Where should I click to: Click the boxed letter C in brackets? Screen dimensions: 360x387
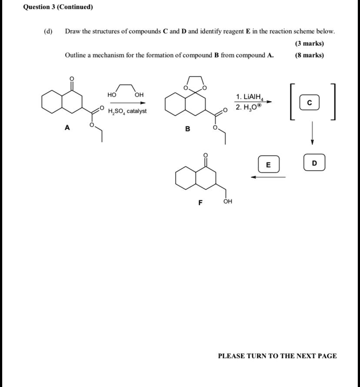[x=309, y=103]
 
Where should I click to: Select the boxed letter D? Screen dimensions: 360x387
[x=314, y=163]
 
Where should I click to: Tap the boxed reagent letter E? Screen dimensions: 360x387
[x=268, y=165]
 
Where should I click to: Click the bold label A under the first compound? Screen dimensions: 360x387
[x=67, y=127]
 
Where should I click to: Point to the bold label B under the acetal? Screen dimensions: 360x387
[x=187, y=129]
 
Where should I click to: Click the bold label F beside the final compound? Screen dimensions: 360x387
[x=200, y=202]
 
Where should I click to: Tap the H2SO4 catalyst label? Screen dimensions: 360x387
[x=127, y=111]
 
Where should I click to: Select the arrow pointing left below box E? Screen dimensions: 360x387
[x=268, y=177]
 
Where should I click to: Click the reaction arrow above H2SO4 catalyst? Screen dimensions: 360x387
[x=127, y=103]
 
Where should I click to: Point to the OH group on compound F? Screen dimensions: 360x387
[x=227, y=202]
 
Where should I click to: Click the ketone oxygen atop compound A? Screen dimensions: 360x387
[x=72, y=78]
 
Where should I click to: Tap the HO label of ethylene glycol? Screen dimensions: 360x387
[x=112, y=95]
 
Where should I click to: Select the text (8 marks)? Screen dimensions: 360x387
[x=309, y=55]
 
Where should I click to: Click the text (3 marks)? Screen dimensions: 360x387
[x=309, y=43]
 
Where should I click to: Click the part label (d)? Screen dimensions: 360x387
[x=48, y=31]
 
